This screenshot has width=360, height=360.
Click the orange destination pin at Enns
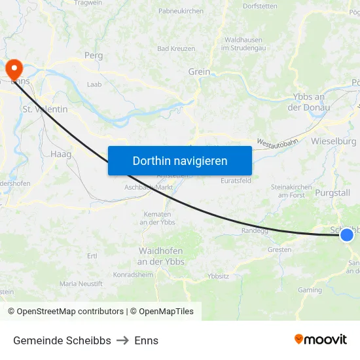pos(14,69)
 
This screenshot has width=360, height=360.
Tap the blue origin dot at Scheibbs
pos(347,234)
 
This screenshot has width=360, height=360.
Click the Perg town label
pos(94,56)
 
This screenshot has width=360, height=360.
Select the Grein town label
pos(199,72)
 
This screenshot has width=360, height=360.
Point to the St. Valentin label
pos(45,109)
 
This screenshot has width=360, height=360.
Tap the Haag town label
pos(60,154)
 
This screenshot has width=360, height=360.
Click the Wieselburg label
pos(334,141)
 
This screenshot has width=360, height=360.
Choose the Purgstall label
pos(333,193)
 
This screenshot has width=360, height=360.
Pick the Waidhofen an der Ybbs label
pos(161,256)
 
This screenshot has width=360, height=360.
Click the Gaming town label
pos(310,290)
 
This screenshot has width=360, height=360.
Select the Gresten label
pos(279,250)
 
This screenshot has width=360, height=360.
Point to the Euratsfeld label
pos(236,180)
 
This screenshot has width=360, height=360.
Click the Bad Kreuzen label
pos(176,49)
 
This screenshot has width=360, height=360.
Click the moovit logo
pos(320,339)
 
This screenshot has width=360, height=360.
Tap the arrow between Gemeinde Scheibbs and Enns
pos(122,340)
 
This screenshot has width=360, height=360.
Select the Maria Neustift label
pos(81,284)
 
